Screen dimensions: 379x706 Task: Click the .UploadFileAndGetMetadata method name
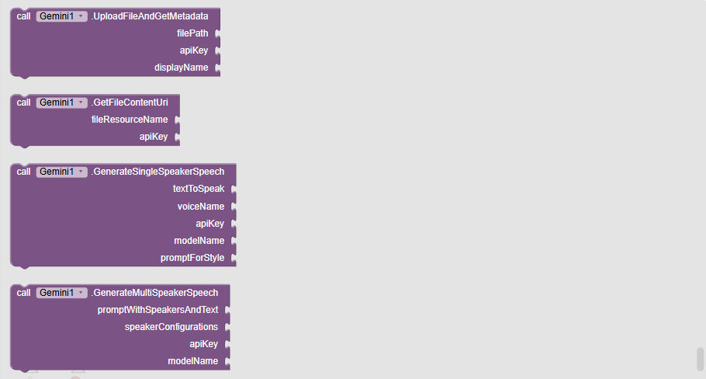150,16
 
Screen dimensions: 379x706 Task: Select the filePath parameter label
192,33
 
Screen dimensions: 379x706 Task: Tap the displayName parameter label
181,68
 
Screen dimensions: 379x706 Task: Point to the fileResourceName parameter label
130,120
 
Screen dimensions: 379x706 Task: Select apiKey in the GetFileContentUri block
154,137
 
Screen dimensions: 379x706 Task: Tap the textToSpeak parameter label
199,189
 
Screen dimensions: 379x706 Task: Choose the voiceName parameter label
201,207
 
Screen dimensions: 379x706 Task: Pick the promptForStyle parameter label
192,258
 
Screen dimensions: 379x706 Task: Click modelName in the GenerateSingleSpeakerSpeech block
199,241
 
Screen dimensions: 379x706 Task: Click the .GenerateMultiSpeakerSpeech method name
155,293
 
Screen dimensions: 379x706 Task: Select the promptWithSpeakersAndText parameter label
158,310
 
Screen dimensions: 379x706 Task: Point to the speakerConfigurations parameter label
171,327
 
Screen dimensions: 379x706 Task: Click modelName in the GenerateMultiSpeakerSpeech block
193,361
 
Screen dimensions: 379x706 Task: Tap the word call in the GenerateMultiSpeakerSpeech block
24,293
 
